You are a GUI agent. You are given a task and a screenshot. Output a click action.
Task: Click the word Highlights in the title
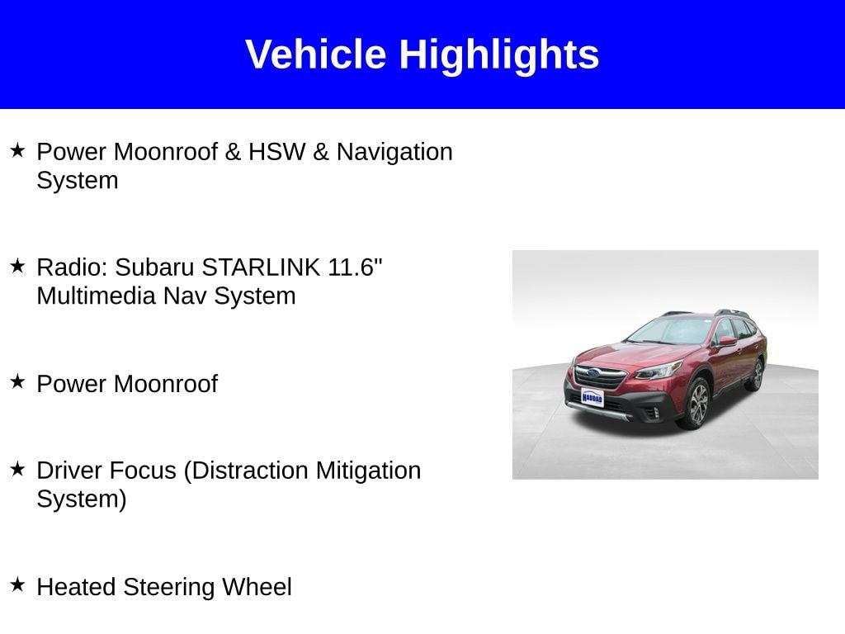(499, 56)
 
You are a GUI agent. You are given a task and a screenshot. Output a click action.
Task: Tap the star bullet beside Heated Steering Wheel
(18, 584)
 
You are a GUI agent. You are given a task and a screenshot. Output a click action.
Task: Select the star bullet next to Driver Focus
(18, 469)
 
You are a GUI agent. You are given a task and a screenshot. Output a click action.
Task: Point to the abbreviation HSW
(276, 152)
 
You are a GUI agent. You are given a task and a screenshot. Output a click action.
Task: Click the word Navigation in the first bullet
(394, 153)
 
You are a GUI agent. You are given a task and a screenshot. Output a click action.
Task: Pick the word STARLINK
(261, 267)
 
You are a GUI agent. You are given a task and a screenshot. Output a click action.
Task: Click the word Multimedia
(96, 296)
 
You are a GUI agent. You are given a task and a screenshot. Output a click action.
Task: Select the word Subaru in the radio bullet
(154, 267)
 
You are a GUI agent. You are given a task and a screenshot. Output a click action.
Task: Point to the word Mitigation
(368, 471)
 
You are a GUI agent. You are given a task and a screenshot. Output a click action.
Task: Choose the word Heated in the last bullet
(76, 587)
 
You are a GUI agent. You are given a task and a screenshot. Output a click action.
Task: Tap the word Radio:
(73, 267)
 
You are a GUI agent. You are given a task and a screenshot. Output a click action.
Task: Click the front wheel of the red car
(698, 403)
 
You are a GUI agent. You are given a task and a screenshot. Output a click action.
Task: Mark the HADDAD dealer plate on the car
(592, 398)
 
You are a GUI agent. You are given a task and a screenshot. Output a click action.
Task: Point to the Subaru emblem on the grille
(593, 373)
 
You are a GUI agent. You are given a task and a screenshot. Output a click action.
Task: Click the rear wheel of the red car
(757, 375)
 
